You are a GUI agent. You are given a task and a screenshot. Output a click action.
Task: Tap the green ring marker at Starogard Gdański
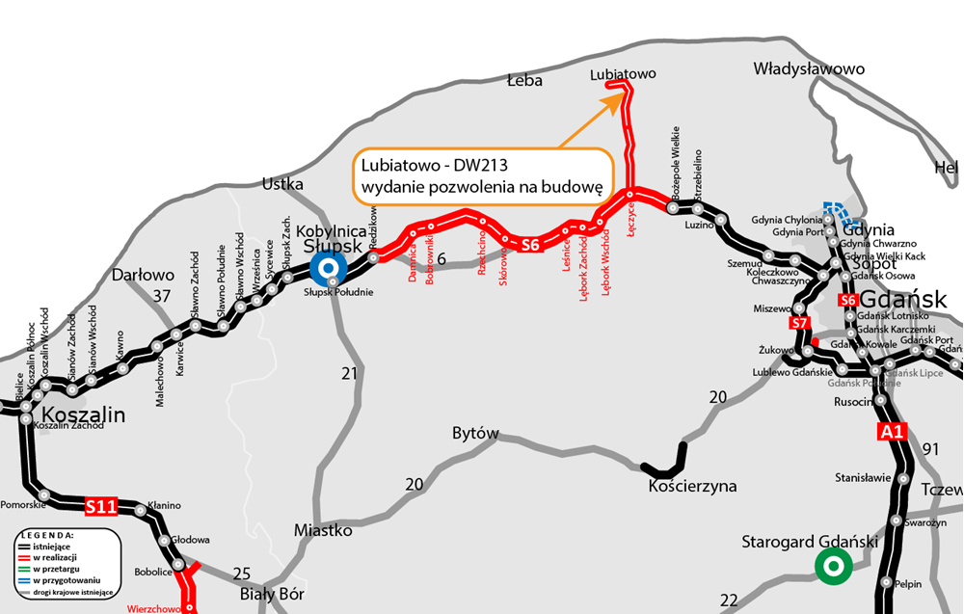[831, 566]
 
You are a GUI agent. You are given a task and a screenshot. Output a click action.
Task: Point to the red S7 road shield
[799, 323]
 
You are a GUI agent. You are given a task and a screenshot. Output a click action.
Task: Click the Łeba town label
[524, 81]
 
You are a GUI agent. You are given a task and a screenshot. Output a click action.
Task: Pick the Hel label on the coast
[947, 168]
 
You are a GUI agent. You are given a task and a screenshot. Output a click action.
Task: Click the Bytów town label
[475, 434]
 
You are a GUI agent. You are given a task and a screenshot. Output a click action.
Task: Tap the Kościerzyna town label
[692, 486]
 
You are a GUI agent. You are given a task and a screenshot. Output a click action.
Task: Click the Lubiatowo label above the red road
[622, 73]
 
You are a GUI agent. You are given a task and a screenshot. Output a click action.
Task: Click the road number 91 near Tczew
[930, 448]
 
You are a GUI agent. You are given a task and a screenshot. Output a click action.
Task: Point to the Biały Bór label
[272, 594]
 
